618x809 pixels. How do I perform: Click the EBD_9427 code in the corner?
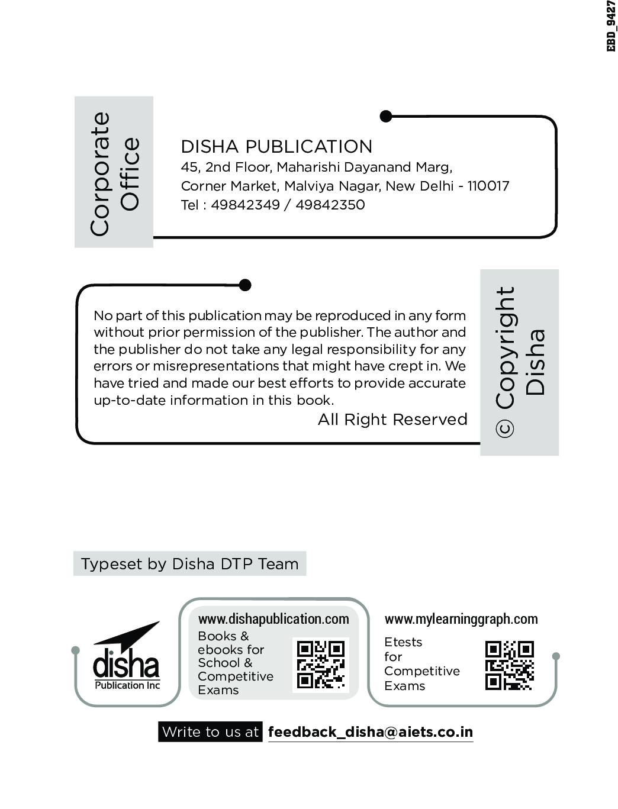[x=611, y=27]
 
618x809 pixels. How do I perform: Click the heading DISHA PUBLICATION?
[x=276, y=147]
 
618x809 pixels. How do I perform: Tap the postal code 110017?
[x=488, y=186]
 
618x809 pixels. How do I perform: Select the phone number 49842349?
[x=245, y=205]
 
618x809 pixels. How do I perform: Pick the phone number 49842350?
[x=330, y=205]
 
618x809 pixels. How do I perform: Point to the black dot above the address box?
[x=386, y=117]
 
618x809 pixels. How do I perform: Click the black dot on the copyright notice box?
[x=245, y=285]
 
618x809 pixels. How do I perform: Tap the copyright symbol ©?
[x=505, y=429]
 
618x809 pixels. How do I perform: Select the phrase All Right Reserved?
[x=392, y=420]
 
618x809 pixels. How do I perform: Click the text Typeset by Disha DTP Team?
[x=189, y=564]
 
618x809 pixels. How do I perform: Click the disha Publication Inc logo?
[x=127, y=659]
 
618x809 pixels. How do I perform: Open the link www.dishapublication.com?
[x=273, y=619]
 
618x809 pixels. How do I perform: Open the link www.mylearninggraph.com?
[x=461, y=619]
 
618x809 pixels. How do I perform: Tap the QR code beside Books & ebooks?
[x=320, y=665]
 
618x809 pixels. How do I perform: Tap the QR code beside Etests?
[x=509, y=665]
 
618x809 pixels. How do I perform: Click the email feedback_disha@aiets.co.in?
[x=371, y=732]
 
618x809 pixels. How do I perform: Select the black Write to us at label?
[x=210, y=732]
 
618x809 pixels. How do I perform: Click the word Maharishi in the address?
[x=306, y=167]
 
